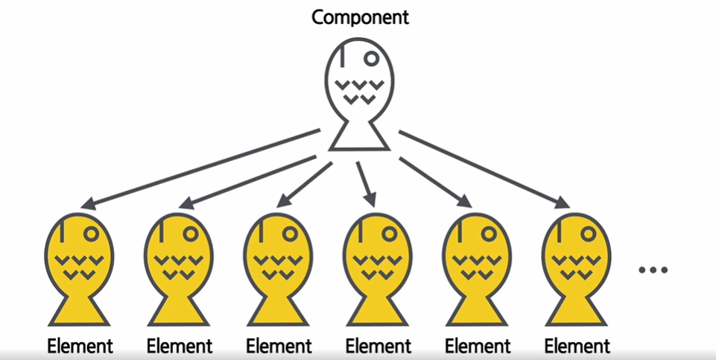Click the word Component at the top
(360, 17)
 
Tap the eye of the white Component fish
(371, 57)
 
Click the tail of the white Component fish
(359, 137)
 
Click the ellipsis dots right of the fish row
(653, 270)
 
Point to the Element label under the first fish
(80, 346)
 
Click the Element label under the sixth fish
(577, 346)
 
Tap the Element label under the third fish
(279, 346)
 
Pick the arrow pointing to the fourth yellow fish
(365, 182)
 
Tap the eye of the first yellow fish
(92, 233)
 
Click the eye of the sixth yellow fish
(589, 233)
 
